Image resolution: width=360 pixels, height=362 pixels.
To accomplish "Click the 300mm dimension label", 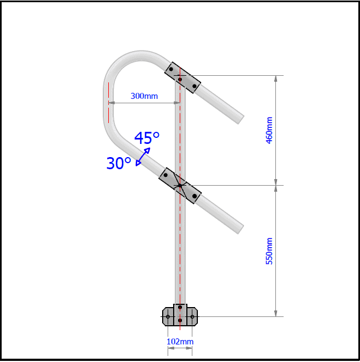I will (144, 96).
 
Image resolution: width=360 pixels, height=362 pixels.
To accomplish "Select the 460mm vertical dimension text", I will (269, 130).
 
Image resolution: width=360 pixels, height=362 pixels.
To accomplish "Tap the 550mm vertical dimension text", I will (269, 251).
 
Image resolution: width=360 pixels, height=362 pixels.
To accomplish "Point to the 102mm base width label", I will (180, 342).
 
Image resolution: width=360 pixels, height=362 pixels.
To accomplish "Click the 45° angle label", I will (147, 138).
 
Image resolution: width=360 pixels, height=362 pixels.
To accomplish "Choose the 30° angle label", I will (119, 163).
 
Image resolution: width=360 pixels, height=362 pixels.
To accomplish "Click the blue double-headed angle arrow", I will (143, 157).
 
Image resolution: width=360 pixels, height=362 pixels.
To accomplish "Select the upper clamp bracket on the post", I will (183, 77).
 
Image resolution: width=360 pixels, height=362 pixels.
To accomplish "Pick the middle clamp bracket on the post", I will (180, 186).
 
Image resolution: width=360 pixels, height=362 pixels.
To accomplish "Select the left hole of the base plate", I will (168, 316).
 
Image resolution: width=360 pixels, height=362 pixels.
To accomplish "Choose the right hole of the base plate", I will (192, 316).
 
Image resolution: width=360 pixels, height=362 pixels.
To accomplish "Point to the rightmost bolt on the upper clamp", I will (195, 86).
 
